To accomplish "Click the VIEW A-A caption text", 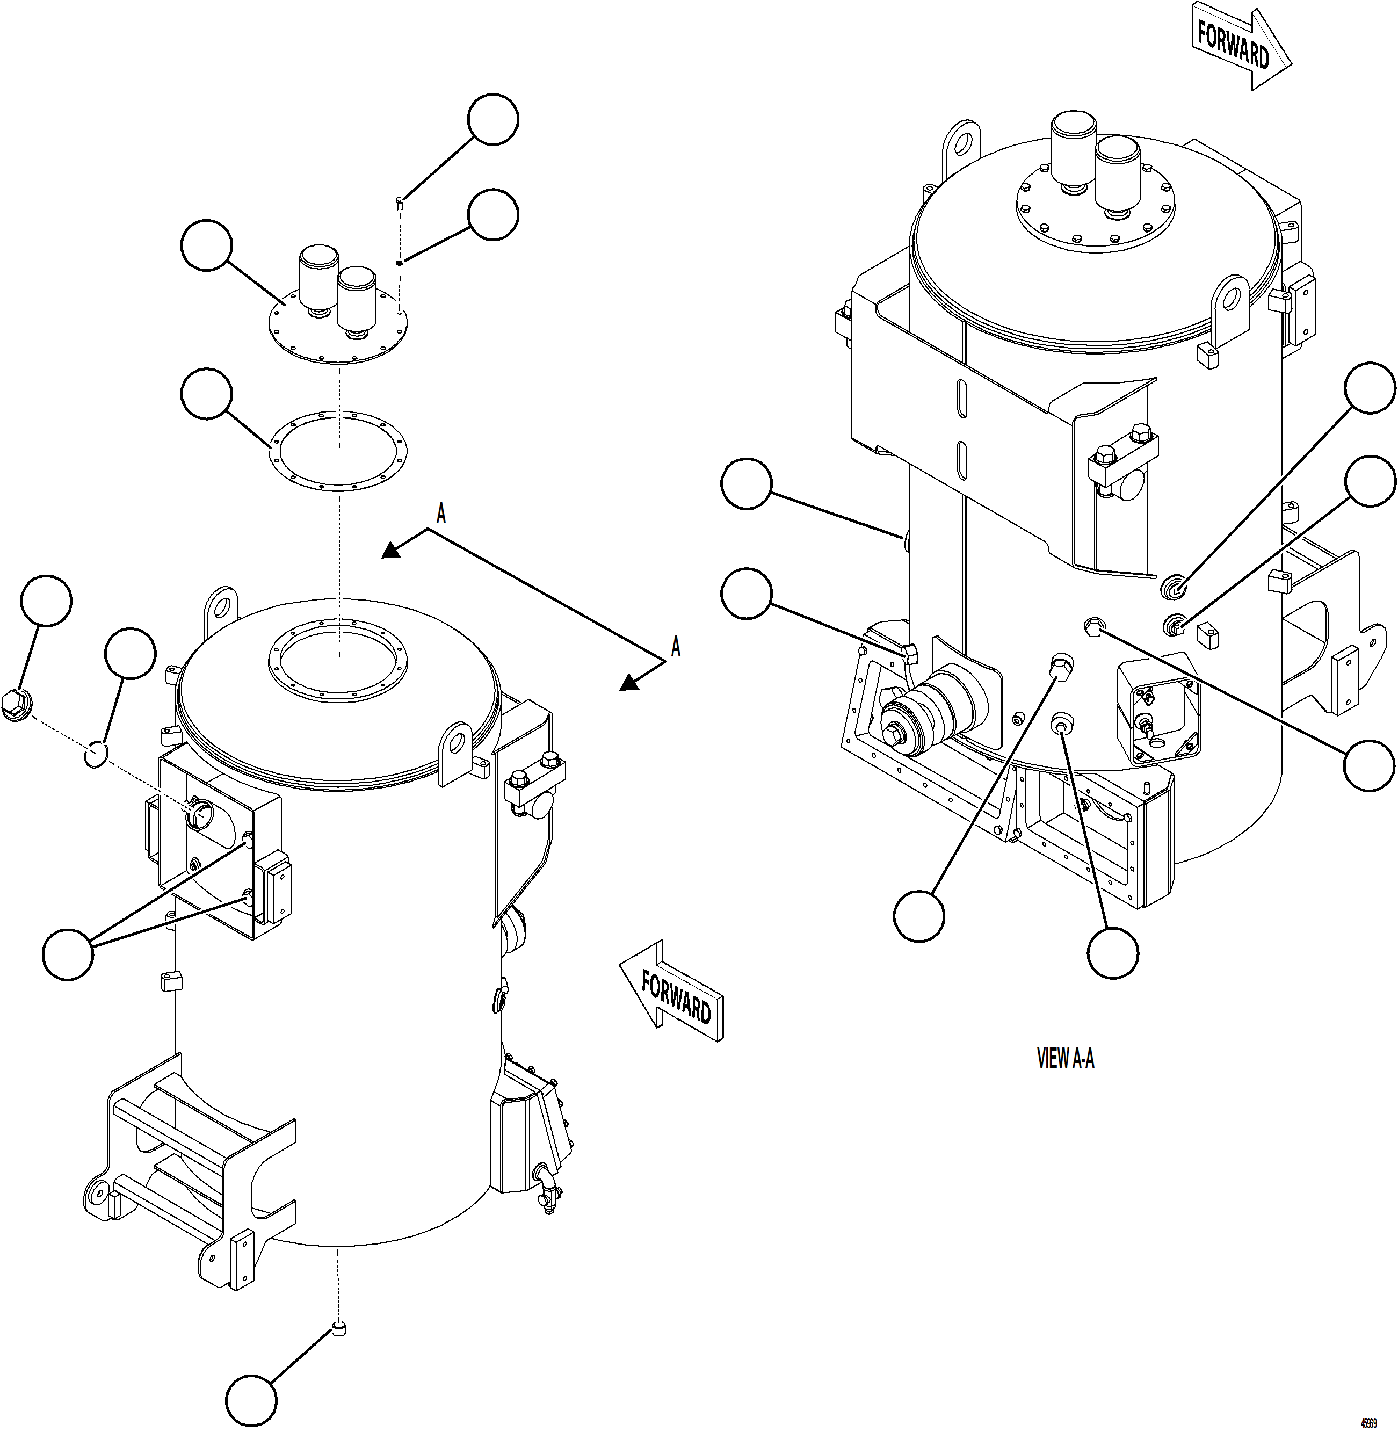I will [x=1064, y=1058].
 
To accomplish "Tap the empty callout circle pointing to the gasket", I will [x=206, y=394].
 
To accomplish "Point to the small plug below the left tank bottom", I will [x=338, y=1327].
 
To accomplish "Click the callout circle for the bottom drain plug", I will [x=251, y=1400].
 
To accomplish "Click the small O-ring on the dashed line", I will [x=96, y=754].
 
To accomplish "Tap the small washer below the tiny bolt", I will [x=399, y=262].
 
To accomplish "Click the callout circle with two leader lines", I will [x=68, y=954].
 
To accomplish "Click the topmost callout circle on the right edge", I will [x=1370, y=388].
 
